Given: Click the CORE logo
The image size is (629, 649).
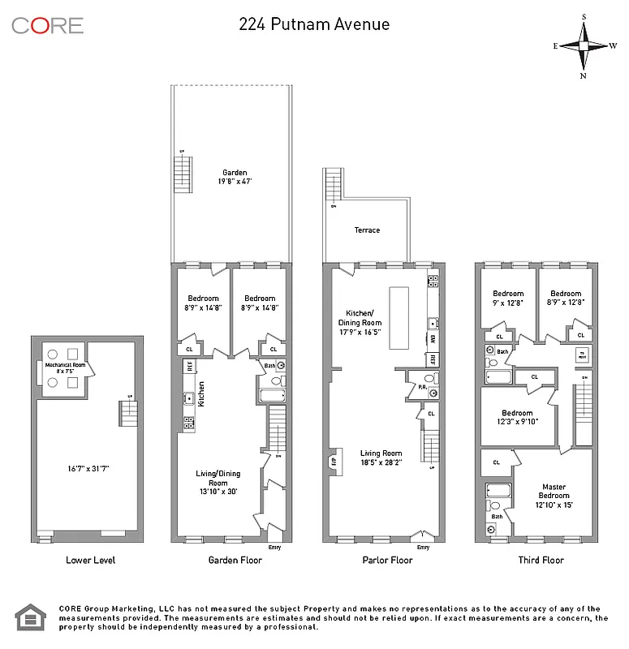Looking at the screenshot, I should pos(47,25).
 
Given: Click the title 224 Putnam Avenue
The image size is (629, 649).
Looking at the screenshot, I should pos(314,24).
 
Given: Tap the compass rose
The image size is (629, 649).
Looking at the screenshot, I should pos(583,45).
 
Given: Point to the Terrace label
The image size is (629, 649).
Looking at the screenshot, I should pos(367,230).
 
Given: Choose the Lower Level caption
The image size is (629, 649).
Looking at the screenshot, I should pos(90,560).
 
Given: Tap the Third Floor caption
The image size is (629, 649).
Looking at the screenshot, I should pos(540,560).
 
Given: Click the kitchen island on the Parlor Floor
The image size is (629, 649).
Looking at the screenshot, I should pos(399,317).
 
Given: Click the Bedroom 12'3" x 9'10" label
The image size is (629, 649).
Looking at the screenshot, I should pos(517,417).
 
